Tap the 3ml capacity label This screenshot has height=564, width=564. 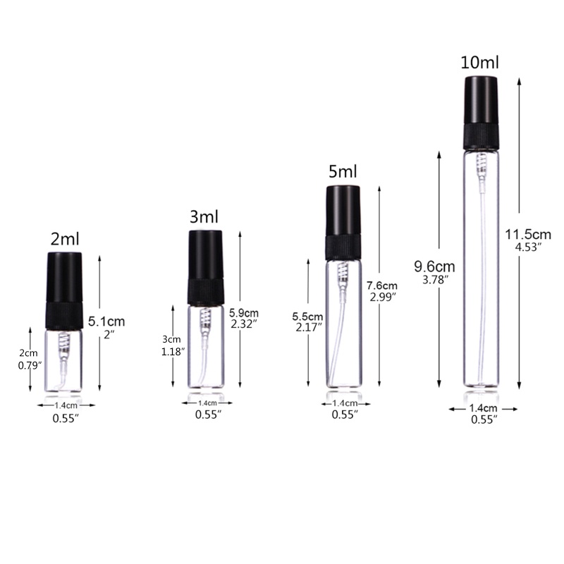(204, 217)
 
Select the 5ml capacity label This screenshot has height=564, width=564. (343, 171)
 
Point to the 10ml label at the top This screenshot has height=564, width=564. (479, 62)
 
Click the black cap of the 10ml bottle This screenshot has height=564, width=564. (482, 102)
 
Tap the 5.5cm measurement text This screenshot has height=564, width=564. (307, 316)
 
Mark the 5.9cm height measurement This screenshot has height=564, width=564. (245, 312)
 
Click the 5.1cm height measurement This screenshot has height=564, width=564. (107, 321)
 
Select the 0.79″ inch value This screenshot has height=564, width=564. (27, 365)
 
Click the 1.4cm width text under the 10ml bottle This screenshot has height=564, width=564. (482, 408)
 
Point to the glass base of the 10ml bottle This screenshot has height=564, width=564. (482, 381)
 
